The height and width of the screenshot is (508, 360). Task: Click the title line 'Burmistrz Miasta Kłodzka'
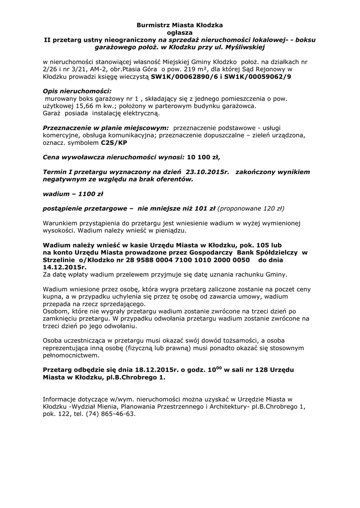click(x=180, y=24)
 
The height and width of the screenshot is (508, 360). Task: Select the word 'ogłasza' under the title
click(x=180, y=32)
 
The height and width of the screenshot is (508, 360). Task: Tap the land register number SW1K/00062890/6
click(x=183, y=77)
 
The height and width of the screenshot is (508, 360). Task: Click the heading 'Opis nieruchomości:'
click(x=77, y=92)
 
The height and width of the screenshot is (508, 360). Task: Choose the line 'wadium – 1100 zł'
click(x=73, y=193)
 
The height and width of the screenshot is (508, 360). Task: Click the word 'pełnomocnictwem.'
click(x=71, y=355)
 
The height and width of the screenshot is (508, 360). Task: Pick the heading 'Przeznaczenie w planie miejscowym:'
click(x=106, y=128)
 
